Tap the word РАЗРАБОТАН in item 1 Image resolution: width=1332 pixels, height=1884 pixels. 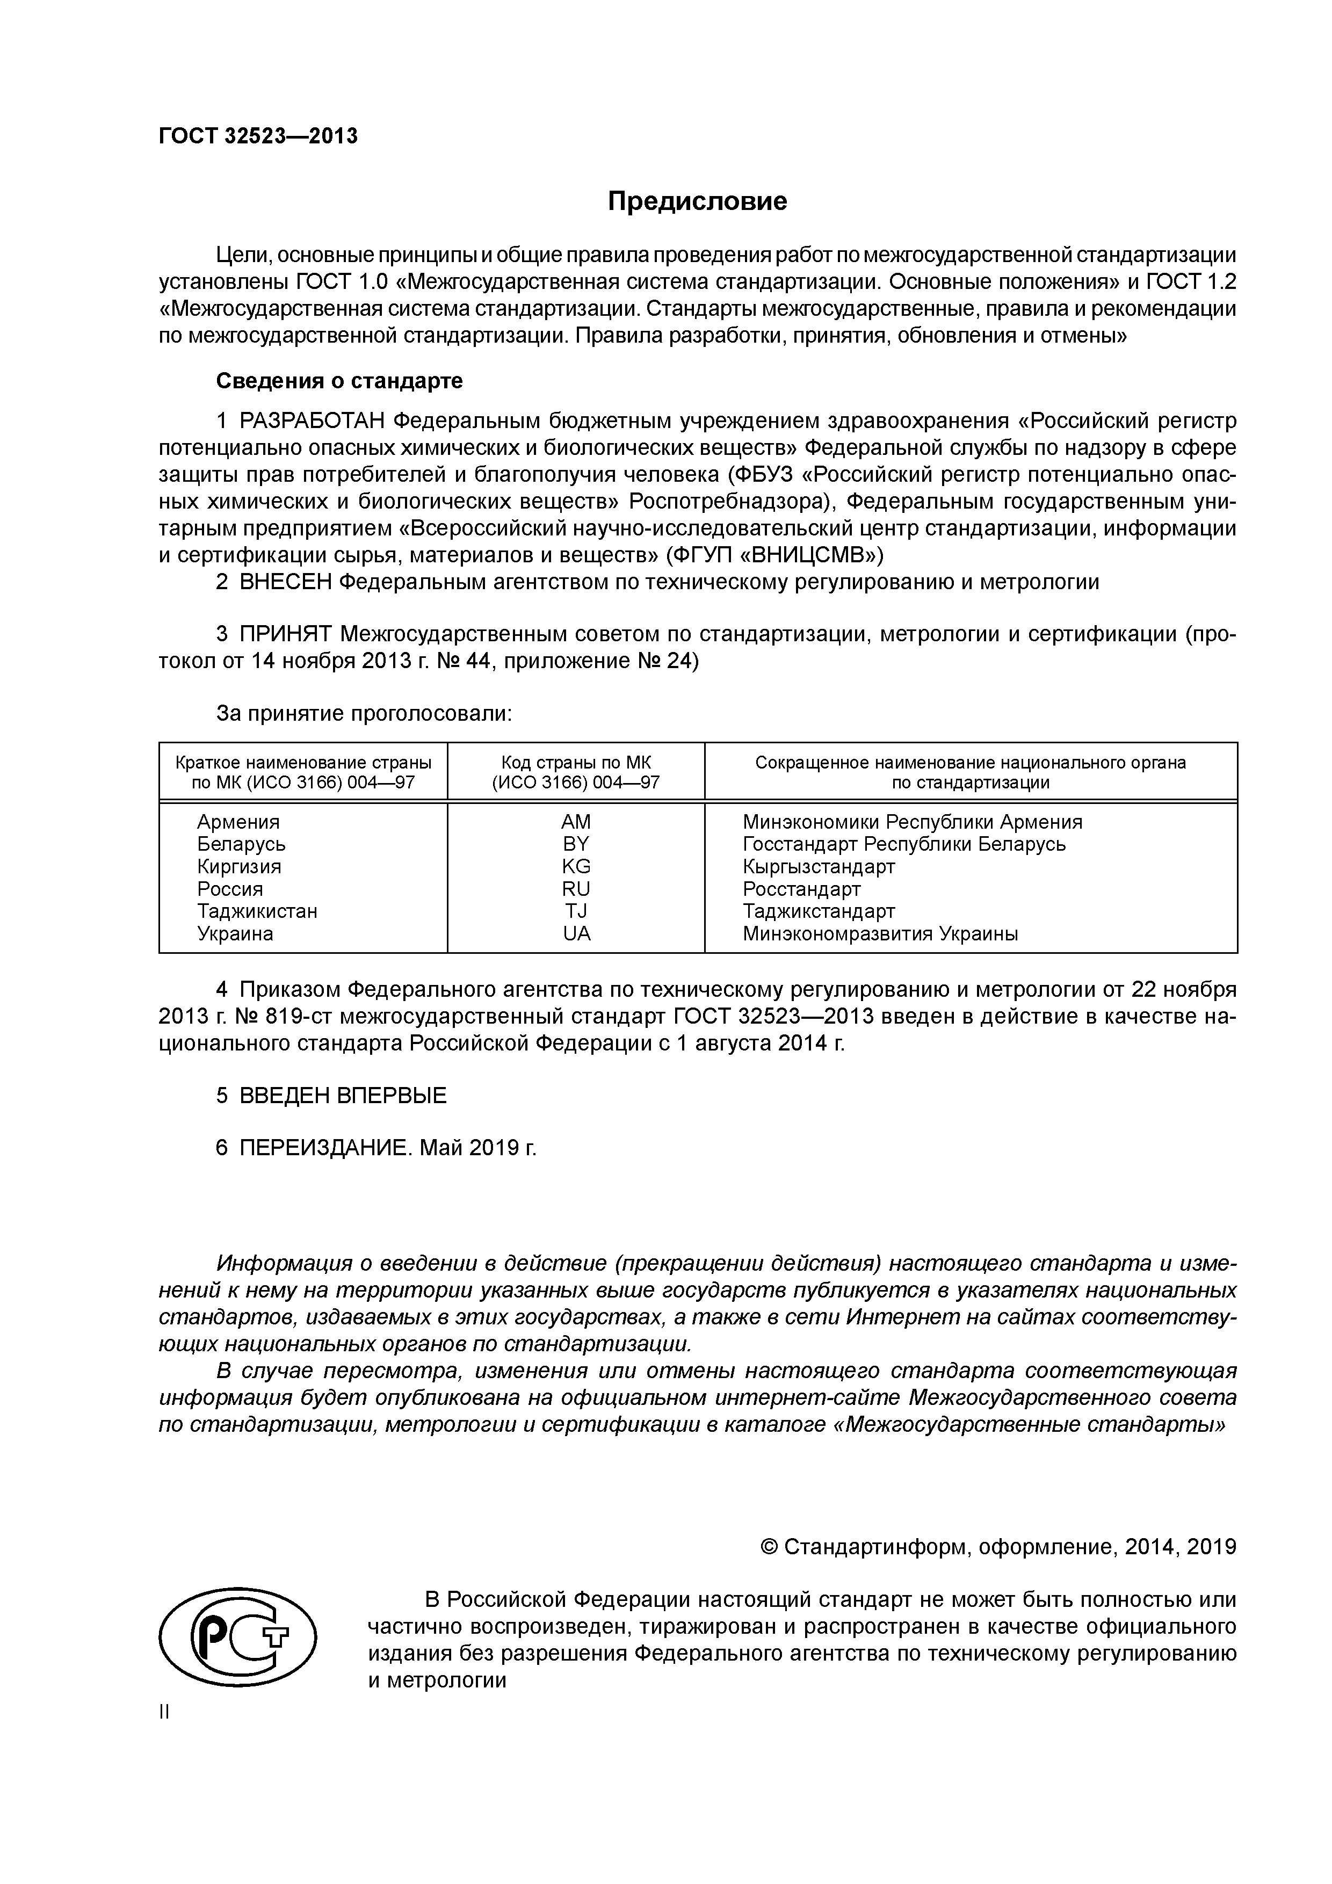point(312,422)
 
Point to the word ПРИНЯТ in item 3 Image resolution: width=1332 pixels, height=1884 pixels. point(286,634)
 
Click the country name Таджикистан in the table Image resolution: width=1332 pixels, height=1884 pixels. point(257,911)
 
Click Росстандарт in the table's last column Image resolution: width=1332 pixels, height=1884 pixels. point(801,889)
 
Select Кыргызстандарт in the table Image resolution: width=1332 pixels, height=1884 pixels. point(818,866)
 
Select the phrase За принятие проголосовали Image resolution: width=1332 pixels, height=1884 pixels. point(364,714)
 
